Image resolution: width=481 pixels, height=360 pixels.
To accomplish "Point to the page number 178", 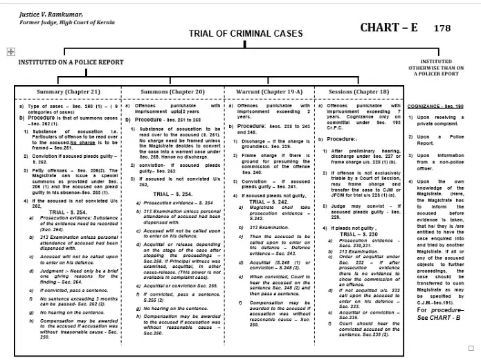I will tap(442, 28).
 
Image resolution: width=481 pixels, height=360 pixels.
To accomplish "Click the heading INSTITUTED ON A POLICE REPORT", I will tap(71, 62).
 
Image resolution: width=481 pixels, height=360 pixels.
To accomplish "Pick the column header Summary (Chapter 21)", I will tap(69, 91).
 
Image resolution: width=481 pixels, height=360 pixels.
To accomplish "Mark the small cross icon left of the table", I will tap(10, 52).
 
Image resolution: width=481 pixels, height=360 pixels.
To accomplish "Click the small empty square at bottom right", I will tap(472, 348).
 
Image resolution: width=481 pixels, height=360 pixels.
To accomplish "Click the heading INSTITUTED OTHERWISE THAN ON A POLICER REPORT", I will tap(436, 66).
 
